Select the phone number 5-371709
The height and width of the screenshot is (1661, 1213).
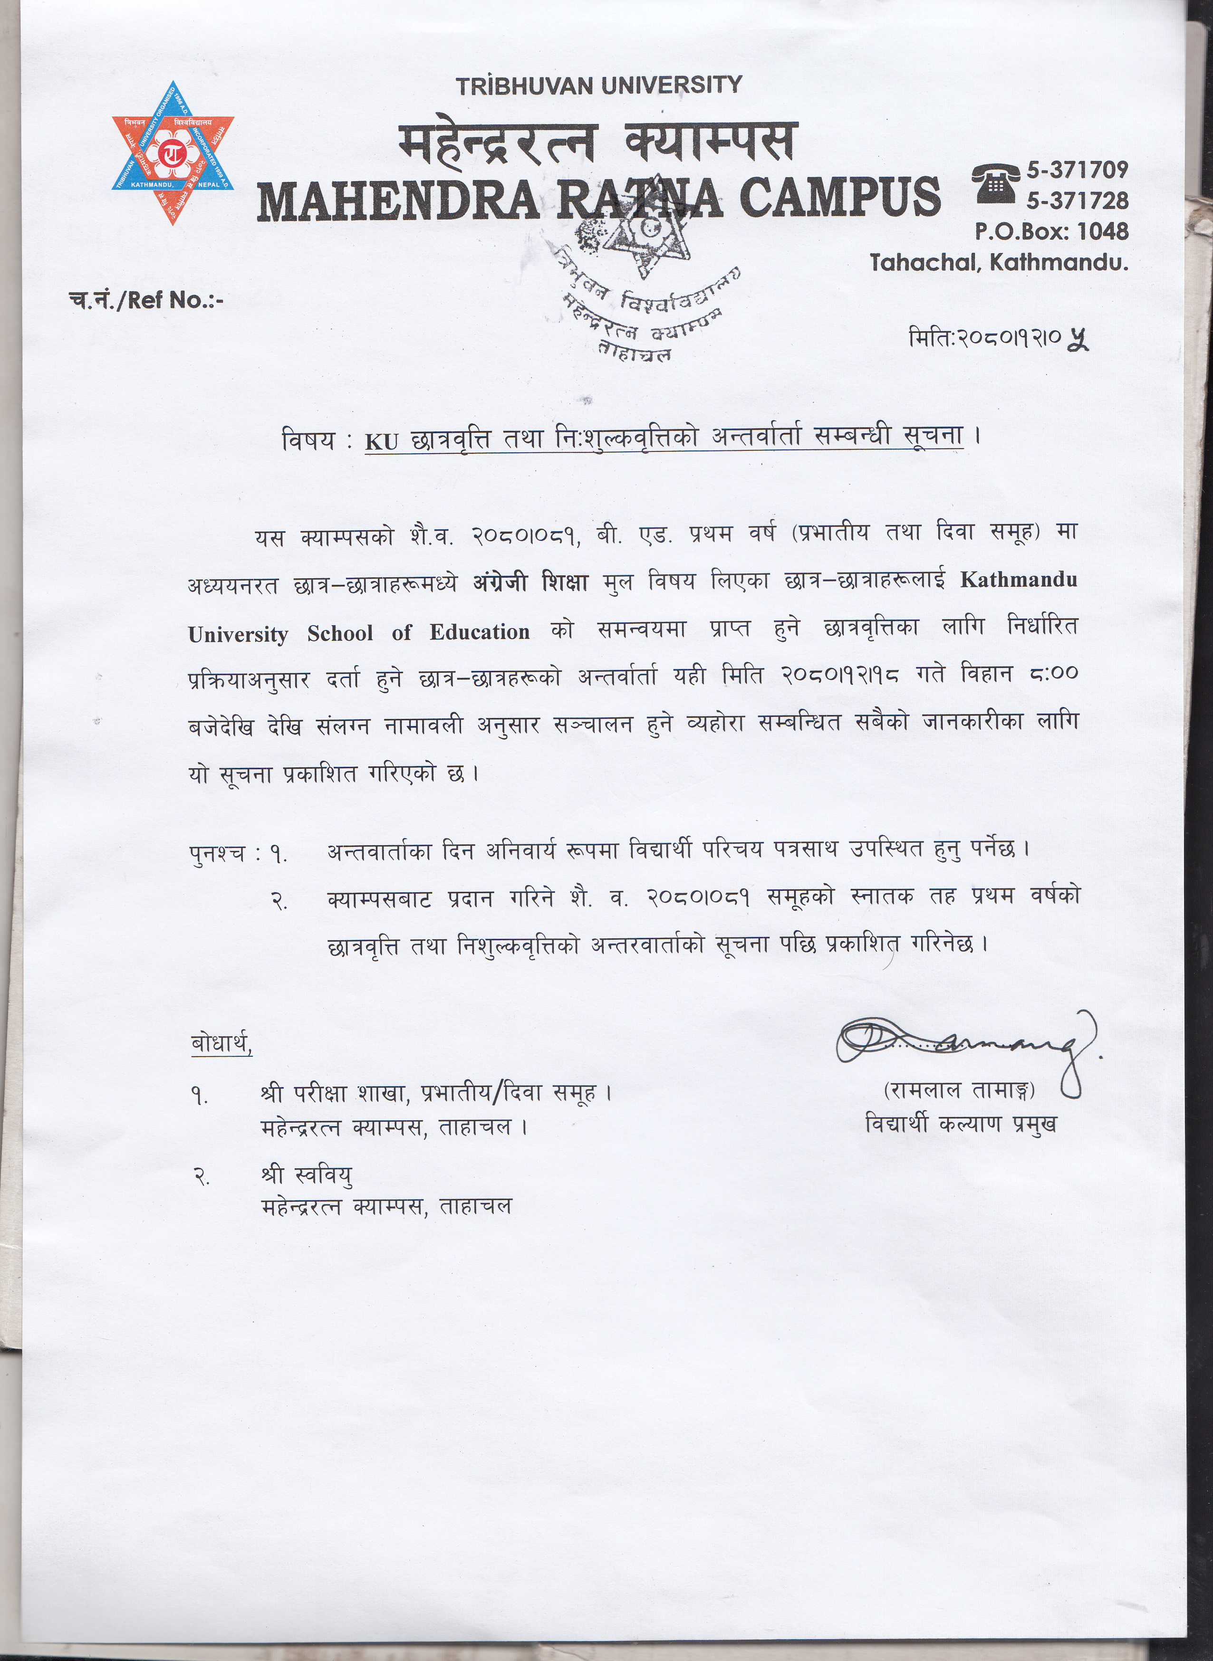pos(1077,170)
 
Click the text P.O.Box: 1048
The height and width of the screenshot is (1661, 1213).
pos(1051,231)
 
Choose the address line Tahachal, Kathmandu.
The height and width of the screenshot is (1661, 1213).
pos(999,262)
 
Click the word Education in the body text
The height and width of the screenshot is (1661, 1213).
pos(480,632)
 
